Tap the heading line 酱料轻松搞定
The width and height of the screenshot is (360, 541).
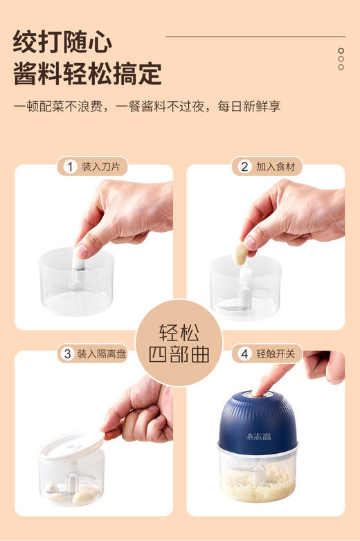coord(87,73)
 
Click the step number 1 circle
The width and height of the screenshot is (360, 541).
coord(70,166)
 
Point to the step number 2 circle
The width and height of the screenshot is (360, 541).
coord(244,166)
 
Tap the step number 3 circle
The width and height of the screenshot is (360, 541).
coord(67,354)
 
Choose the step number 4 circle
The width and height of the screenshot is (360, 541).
coord(244,354)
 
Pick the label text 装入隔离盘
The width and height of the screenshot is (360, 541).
coord(101,354)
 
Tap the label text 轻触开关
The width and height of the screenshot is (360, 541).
coord(275,354)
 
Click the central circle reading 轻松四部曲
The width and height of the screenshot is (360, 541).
coord(179,342)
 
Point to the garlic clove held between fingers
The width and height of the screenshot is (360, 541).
coord(240,252)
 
